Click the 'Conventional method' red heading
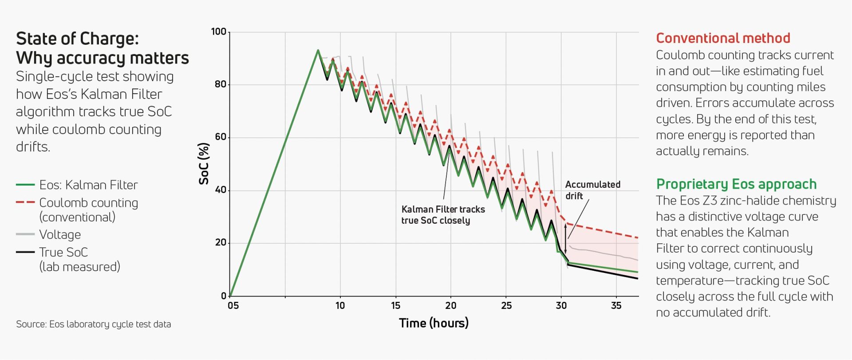[723, 38]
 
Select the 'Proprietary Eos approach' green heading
[736, 184]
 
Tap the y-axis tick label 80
[220, 84]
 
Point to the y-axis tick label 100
[218, 32]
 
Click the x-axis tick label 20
[450, 305]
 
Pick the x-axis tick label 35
[616, 305]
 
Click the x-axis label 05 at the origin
[233, 305]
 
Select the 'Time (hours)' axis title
[434, 323]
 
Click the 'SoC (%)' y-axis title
[204, 163]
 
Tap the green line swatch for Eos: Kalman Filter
[25, 185]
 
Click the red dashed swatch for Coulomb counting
[25, 202]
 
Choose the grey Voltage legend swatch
[25, 234]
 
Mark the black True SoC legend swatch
[25, 252]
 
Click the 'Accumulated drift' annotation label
[592, 190]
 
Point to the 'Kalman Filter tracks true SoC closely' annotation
[443, 215]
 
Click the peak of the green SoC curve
[318, 51]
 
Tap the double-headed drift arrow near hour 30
[565, 238]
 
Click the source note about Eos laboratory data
[93, 324]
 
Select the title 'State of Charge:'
[77, 39]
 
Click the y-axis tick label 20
[220, 243]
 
